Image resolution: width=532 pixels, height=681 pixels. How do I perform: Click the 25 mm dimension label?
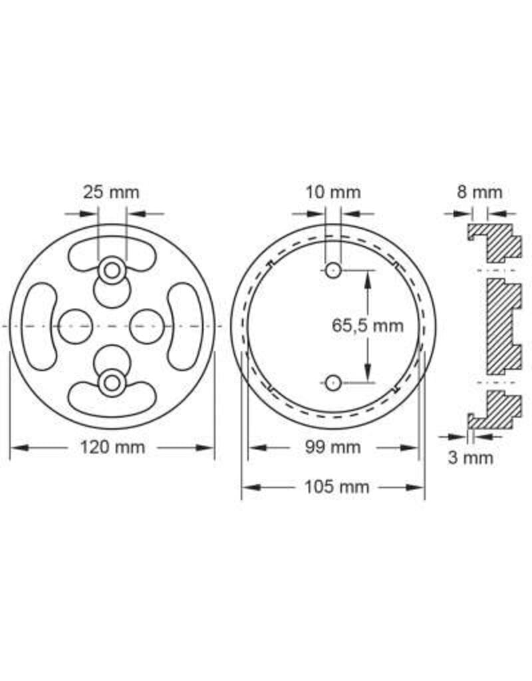(x=111, y=192)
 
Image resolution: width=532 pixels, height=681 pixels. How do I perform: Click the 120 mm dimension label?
(x=112, y=447)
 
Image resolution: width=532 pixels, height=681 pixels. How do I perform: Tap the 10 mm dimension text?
(x=332, y=192)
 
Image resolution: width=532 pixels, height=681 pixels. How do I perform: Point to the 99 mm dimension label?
(x=332, y=447)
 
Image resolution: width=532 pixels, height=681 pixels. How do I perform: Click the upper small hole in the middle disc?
(x=333, y=269)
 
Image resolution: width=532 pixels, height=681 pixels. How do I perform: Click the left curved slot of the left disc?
(x=41, y=326)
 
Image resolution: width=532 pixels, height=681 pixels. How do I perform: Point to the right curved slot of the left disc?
(x=182, y=326)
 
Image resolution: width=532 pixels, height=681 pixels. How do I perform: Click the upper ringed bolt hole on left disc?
(x=111, y=270)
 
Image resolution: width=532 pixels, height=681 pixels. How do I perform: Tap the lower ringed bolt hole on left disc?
(x=111, y=382)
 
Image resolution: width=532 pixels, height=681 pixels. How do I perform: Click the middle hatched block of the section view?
(x=503, y=325)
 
